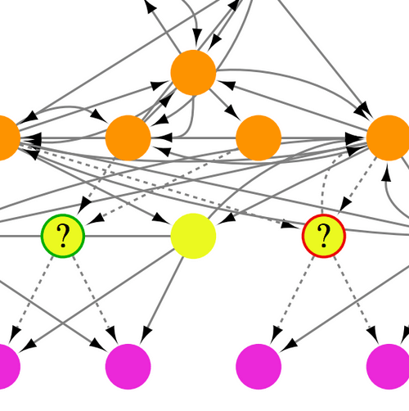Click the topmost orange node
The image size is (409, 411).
(x=193, y=73)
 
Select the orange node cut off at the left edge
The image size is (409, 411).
(x=4, y=138)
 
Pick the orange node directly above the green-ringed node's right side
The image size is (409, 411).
(x=128, y=138)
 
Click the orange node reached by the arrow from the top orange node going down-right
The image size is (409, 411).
(x=258, y=138)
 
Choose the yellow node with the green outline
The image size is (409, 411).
(x=63, y=236)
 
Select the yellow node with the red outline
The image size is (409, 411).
(x=324, y=236)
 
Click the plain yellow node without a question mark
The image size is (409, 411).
(x=193, y=236)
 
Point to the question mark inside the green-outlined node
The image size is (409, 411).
(x=63, y=236)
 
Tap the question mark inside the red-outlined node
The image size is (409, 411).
(x=324, y=236)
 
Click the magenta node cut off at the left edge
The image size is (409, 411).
(x=4, y=366)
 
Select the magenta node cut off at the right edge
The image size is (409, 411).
(x=390, y=366)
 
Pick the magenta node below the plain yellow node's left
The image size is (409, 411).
(x=128, y=366)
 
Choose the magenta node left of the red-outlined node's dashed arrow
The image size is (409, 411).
(x=258, y=366)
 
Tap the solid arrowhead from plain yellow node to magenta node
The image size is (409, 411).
(x=146, y=335)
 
